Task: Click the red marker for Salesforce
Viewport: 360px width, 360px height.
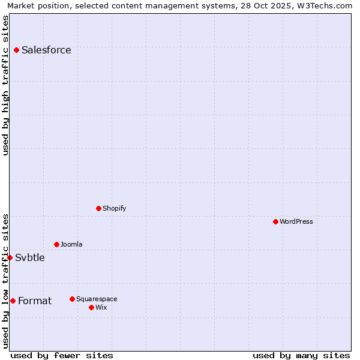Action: pos(16,50)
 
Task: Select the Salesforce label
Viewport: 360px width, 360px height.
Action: pos(46,50)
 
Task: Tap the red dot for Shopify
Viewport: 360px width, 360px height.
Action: pos(98,208)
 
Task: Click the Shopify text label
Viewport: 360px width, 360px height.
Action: pos(114,209)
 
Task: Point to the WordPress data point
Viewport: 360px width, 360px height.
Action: pos(275,221)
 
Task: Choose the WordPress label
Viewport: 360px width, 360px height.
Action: pos(296,222)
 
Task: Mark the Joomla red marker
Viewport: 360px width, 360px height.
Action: pos(56,244)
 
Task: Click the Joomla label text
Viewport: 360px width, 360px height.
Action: pos(71,245)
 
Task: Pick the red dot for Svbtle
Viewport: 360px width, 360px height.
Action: pos(10,257)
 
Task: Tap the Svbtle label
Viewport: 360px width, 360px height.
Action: pos(30,258)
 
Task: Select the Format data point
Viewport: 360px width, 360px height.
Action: pos(13,301)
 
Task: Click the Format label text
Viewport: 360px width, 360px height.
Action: pos(35,301)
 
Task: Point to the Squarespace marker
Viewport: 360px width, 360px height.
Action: pos(72,299)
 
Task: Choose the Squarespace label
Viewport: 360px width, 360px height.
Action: pos(97,299)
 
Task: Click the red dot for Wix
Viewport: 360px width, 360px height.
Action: pos(91,307)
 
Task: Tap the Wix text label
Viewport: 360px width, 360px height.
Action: pos(101,308)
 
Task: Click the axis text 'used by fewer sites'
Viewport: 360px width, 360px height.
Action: pos(62,356)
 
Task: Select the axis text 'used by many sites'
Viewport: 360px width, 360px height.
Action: pos(301,356)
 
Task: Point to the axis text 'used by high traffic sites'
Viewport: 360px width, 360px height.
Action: pos(6,85)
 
